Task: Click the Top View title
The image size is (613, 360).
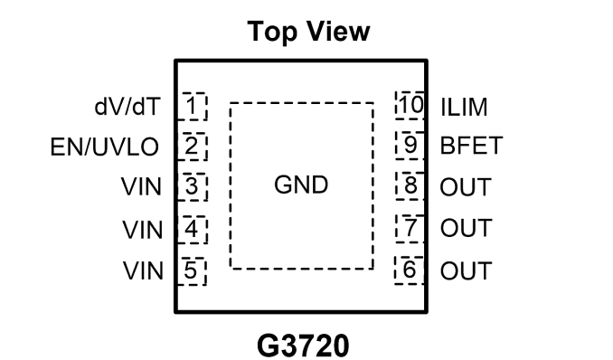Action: [308, 32]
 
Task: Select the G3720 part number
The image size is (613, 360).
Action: [303, 346]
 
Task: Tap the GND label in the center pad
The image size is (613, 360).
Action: [301, 185]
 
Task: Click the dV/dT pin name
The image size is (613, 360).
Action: [127, 107]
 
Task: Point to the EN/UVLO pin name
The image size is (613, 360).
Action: [104, 147]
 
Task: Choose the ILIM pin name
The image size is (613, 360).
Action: [464, 108]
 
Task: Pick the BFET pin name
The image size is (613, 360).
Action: [471, 146]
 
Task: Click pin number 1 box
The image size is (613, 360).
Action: [192, 106]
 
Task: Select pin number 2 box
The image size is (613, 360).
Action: [192, 147]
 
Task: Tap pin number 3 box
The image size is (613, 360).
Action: [192, 186]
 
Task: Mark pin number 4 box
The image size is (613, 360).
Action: [192, 230]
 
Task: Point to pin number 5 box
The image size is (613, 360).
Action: [192, 271]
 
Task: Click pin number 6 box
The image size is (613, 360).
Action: [410, 270]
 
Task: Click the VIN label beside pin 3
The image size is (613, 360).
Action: [141, 186]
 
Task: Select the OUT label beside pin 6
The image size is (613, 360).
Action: [466, 270]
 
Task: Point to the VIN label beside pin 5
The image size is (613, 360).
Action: [143, 270]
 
